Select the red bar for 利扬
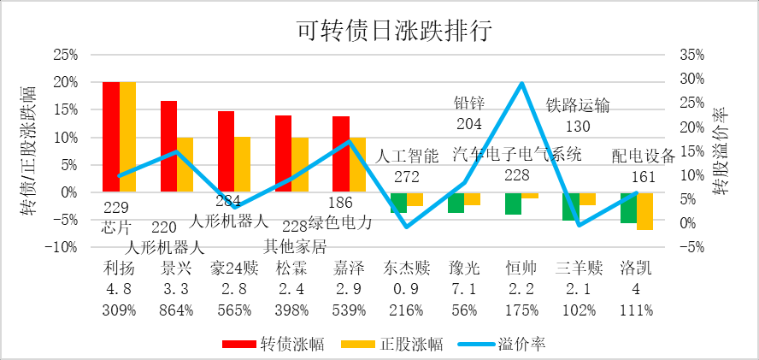pos(111,137)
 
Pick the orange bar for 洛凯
pos(644,211)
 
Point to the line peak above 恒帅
pos(521,84)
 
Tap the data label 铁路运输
pos(579,106)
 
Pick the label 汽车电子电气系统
pos(517,155)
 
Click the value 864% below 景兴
pos(176,310)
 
